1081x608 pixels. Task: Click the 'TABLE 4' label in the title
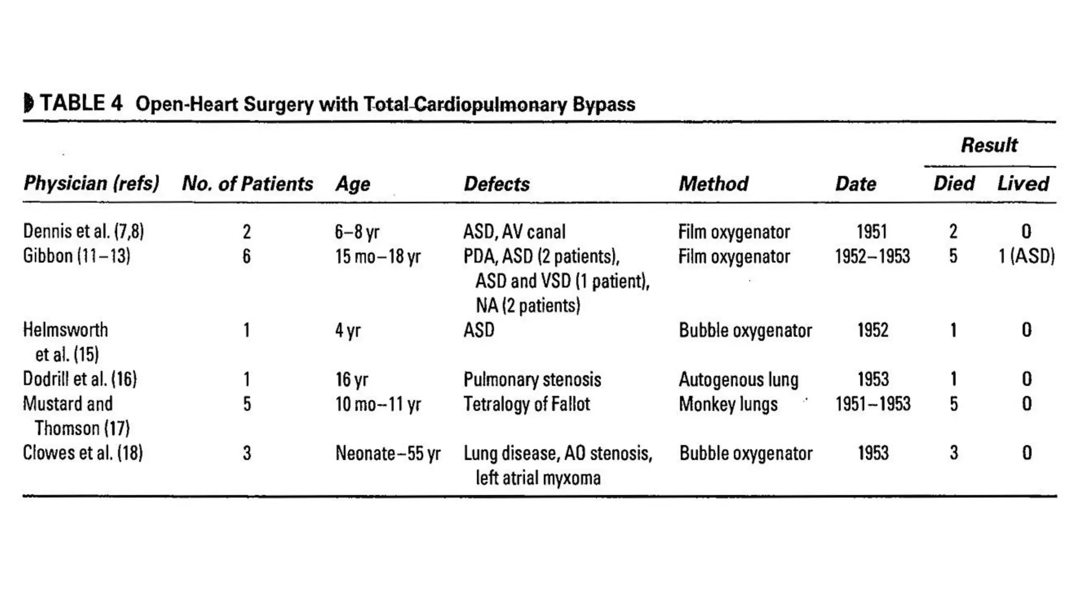pos(81,103)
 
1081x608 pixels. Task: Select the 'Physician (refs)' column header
pos(91,184)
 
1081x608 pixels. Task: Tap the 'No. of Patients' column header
pos(247,184)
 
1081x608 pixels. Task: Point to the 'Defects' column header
pos(496,184)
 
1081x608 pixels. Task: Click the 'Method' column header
pos(713,184)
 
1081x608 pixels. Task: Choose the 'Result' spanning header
pos(989,145)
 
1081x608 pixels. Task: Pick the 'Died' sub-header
pos(953,184)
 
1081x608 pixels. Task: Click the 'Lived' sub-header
pos(1023,184)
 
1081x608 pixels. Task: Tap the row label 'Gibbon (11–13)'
pos(77,256)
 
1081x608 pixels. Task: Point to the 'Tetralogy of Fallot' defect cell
pos(526,404)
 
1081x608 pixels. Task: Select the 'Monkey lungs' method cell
pos(728,404)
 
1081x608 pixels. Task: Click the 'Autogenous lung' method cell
pos(738,379)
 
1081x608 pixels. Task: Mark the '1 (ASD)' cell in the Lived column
pos(1026,256)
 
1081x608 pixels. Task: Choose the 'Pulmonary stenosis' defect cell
pos(532,379)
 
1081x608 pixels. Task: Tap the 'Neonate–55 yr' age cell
pos(388,453)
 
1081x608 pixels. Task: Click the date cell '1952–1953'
pos(873,256)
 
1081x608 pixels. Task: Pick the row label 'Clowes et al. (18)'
pos(83,453)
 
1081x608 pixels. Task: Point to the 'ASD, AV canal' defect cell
pos(514,232)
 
